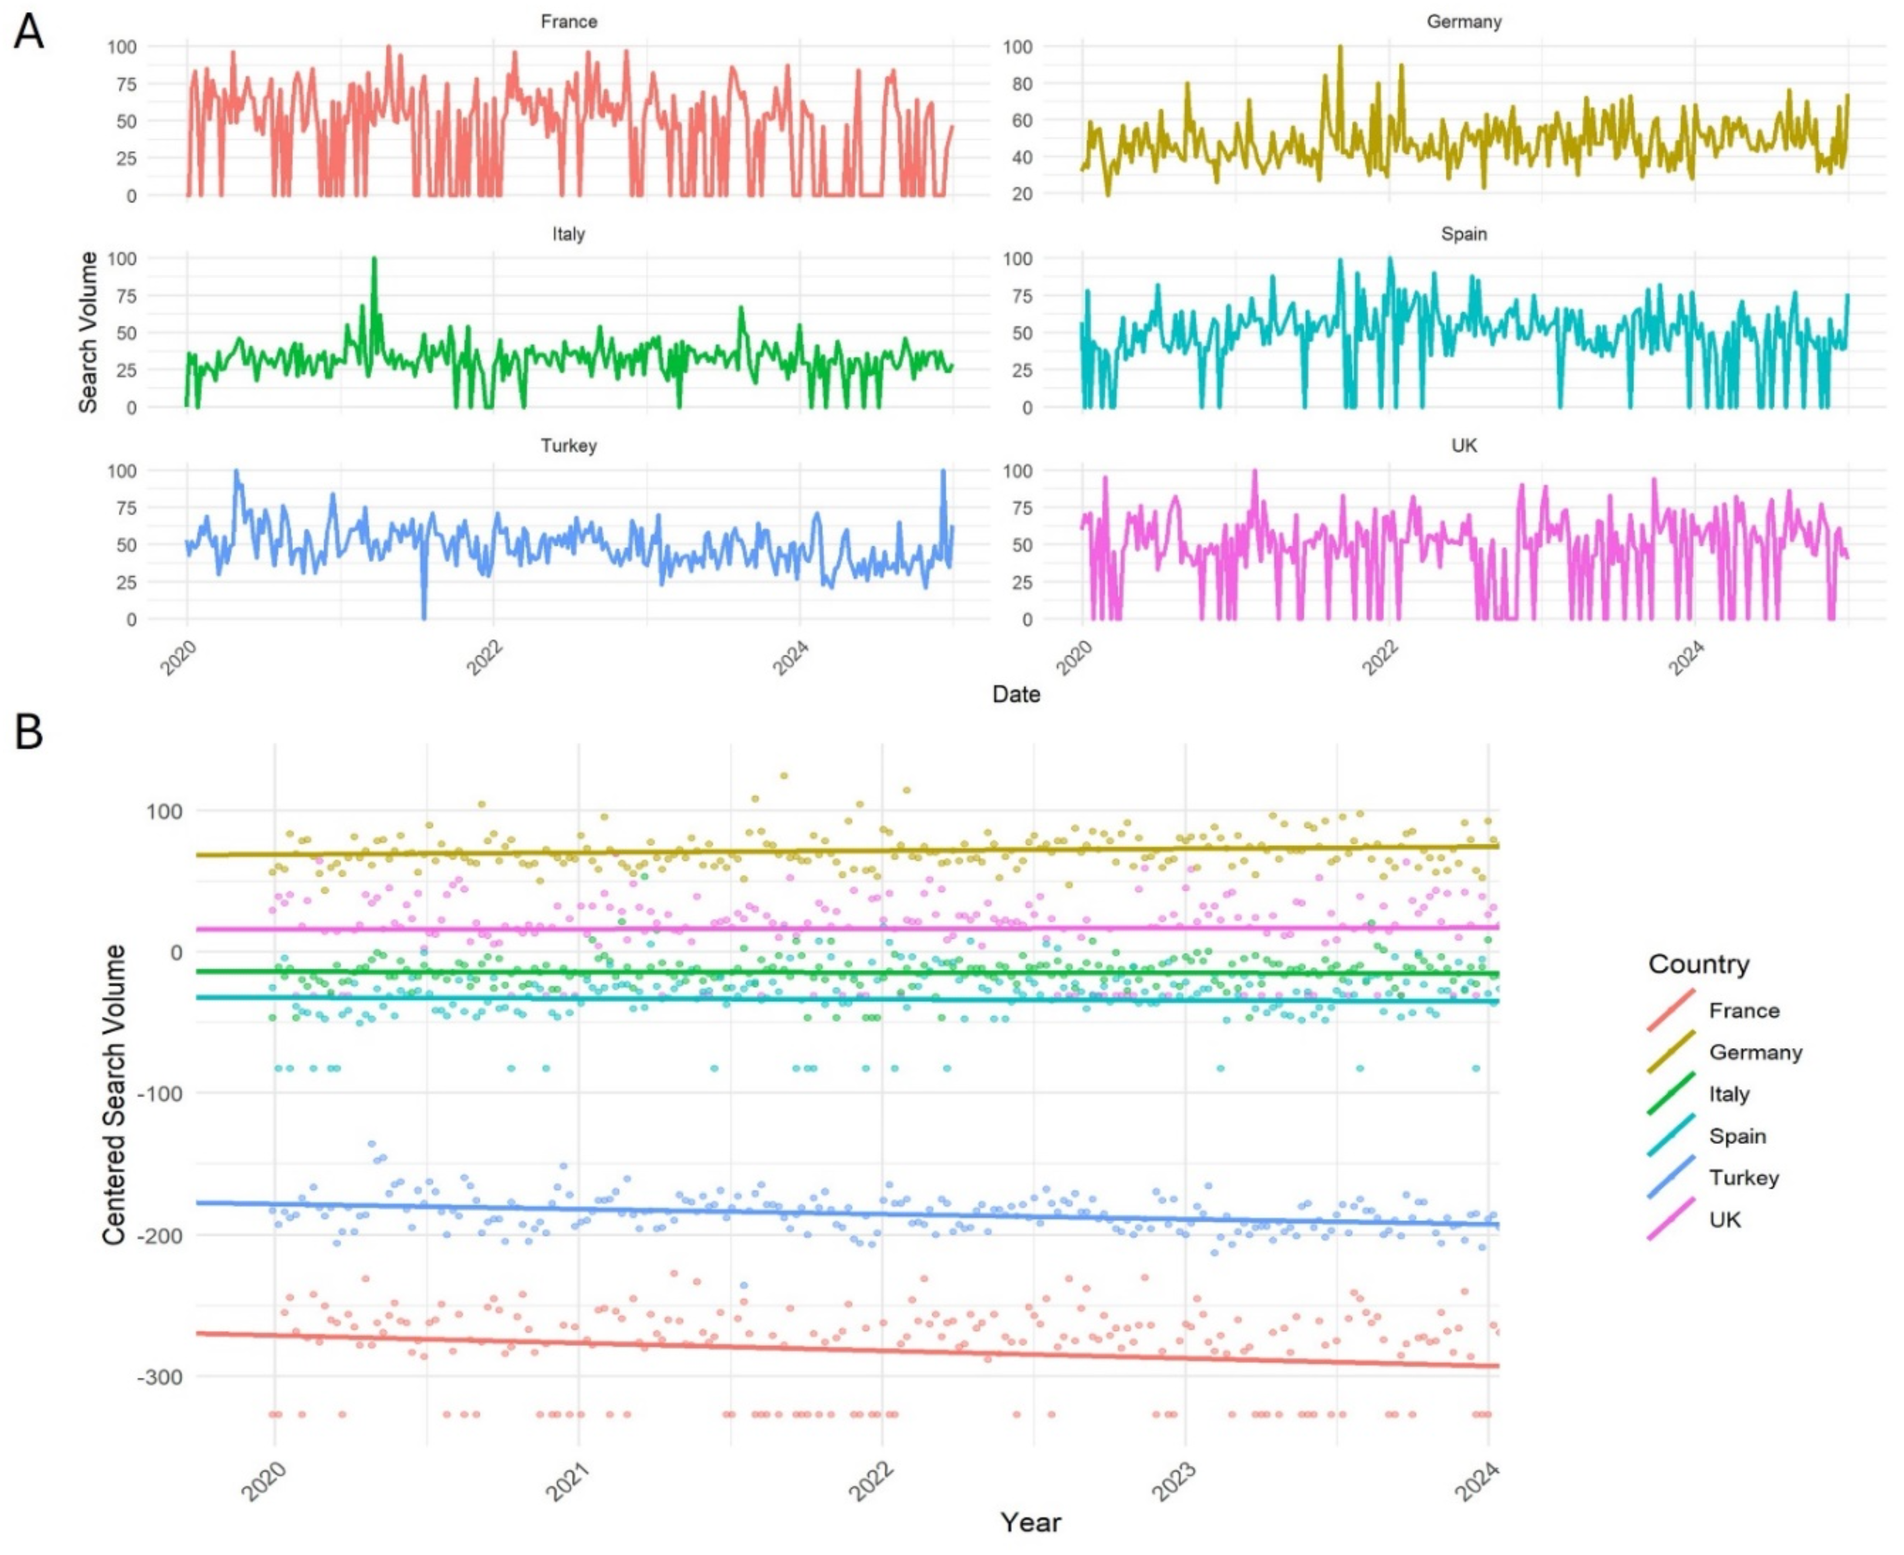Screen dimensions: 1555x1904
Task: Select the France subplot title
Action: tap(568, 21)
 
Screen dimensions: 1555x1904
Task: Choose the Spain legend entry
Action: tap(1736, 1136)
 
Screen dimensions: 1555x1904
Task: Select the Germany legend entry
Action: tap(1754, 1053)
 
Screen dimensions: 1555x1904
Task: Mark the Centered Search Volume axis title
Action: tap(114, 1095)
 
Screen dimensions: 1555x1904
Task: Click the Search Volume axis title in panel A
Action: tap(88, 331)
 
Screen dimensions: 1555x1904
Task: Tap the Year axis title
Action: tap(1030, 1522)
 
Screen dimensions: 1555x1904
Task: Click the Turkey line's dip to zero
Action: tap(424, 617)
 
